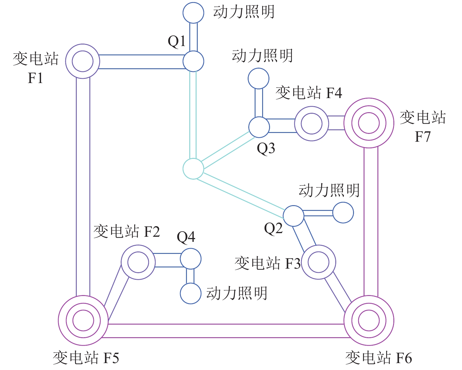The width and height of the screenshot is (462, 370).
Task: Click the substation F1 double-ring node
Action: pyautogui.click(x=82, y=61)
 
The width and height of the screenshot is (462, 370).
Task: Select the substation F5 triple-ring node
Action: pyautogui.click(x=83, y=320)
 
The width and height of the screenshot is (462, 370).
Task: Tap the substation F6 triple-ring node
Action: pyautogui.click(x=369, y=320)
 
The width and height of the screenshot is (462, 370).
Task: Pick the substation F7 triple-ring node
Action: pyautogui.click(x=369, y=123)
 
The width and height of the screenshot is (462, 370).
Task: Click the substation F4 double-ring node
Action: pyautogui.click(x=312, y=124)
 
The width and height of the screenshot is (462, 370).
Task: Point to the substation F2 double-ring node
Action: pyautogui.click(x=138, y=262)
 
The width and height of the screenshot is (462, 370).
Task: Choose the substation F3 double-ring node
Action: pyautogui.click(x=318, y=262)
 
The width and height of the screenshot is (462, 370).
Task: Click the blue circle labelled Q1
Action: pyautogui.click(x=193, y=61)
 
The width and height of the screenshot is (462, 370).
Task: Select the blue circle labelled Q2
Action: pyautogui.click(x=293, y=216)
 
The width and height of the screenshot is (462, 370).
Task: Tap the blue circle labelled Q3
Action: pyautogui.click(x=259, y=127)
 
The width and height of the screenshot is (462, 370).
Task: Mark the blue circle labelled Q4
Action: pyautogui.click(x=191, y=259)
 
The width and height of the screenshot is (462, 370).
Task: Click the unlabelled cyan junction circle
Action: pyautogui.click(x=193, y=169)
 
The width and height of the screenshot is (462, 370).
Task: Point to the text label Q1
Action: pyautogui.click(x=177, y=41)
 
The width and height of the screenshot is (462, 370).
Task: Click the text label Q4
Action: pyautogui.click(x=186, y=237)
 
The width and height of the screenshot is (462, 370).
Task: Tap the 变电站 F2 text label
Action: pyautogui.click(x=126, y=232)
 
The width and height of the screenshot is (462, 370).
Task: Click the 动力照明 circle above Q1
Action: pyautogui.click(x=193, y=13)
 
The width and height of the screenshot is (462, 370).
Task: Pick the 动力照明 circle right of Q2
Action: pyautogui.click(x=343, y=213)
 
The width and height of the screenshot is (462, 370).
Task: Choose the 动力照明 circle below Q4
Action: pyautogui.click(x=191, y=293)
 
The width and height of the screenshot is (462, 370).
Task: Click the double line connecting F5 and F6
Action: pyautogui.click(x=226, y=331)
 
